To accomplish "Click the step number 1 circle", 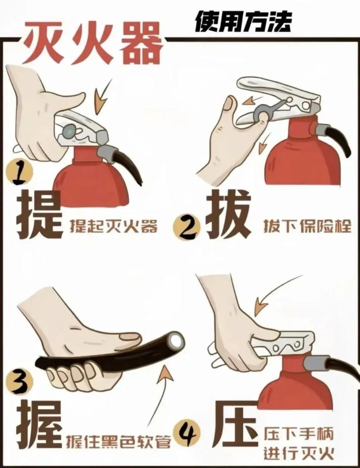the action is pos(20,173).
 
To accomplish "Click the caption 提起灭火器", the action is pos(114,226).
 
